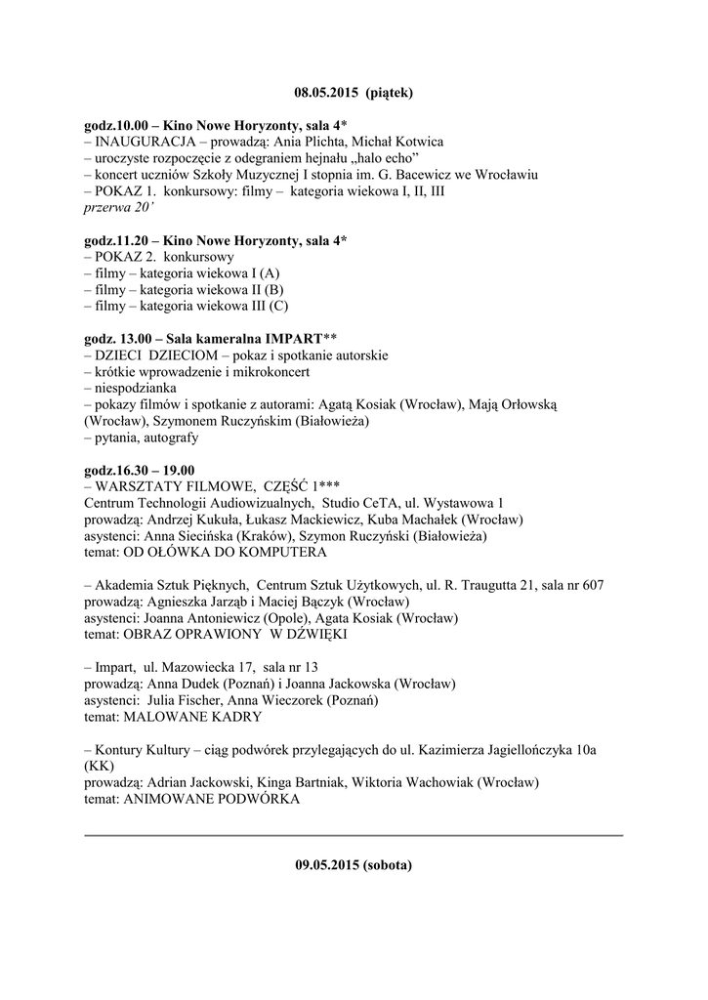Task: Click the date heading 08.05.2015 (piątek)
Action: click(354, 93)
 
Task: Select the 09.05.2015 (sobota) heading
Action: click(354, 865)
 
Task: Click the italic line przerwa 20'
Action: click(112, 208)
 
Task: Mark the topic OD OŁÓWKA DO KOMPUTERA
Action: click(223, 552)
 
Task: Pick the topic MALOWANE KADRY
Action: click(190, 716)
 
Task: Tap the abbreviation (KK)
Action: click(99, 766)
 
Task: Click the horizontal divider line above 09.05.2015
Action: click(354, 835)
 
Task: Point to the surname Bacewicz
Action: click(445, 175)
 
